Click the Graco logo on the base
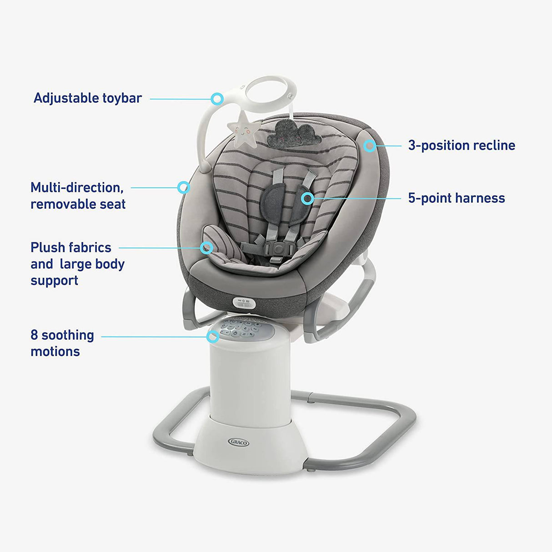(238, 442)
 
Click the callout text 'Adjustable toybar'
(88, 98)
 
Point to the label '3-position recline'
(462, 146)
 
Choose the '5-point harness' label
(457, 198)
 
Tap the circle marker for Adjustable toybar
(217, 98)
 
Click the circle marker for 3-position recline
(370, 146)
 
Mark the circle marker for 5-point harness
(308, 198)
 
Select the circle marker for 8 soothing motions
(212, 337)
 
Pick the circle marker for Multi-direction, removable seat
(183, 187)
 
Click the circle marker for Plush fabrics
(207, 247)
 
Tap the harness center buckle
(275, 248)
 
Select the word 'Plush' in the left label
(48, 248)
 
